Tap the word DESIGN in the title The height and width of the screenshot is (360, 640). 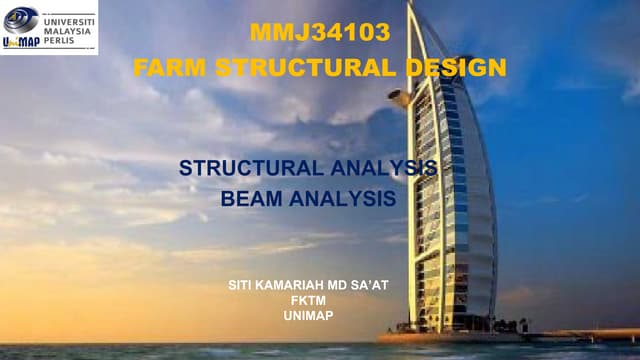(455, 68)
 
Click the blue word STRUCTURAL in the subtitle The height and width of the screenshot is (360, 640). (250, 168)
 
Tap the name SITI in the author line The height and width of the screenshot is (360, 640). (243, 285)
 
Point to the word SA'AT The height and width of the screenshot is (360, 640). (368, 285)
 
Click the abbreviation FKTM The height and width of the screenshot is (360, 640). (308, 300)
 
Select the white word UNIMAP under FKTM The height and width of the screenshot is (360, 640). (308, 315)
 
